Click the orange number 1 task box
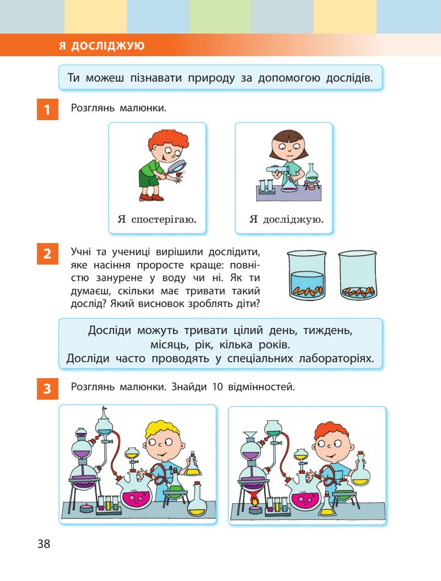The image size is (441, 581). click(47, 109)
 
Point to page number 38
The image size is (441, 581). click(44, 544)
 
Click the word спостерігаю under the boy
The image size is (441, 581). click(164, 219)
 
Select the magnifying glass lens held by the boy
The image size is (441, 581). click(180, 166)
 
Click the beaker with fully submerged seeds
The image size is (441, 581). click(307, 275)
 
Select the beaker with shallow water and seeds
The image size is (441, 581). click(358, 275)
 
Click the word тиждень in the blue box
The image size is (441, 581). click(327, 330)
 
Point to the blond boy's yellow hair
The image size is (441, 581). click(162, 430)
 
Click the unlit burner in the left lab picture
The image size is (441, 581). click(86, 507)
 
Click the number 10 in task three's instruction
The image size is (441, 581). click(218, 387)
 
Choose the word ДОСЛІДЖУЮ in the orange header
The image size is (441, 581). click(107, 46)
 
